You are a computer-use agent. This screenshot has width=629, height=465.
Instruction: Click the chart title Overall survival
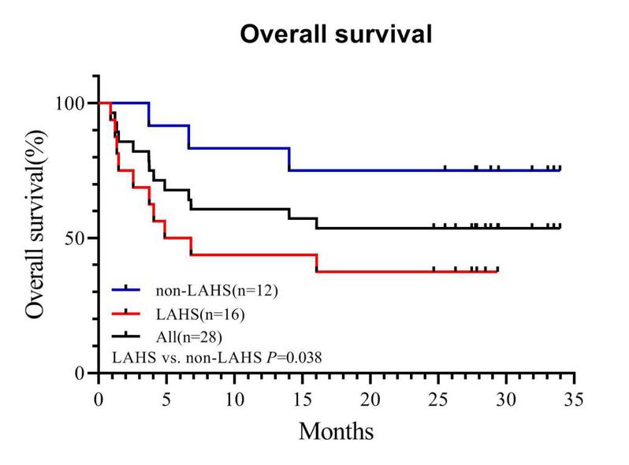point(336,35)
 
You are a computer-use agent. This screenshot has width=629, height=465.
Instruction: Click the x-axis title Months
point(336,430)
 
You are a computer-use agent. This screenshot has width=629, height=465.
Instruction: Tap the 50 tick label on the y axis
point(78,238)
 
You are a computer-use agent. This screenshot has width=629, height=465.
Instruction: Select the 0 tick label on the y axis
point(83,373)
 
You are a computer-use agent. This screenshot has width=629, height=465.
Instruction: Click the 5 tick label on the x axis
point(166,399)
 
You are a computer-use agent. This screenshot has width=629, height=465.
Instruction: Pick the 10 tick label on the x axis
point(234,399)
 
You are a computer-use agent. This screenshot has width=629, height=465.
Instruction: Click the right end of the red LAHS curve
point(497,271)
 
